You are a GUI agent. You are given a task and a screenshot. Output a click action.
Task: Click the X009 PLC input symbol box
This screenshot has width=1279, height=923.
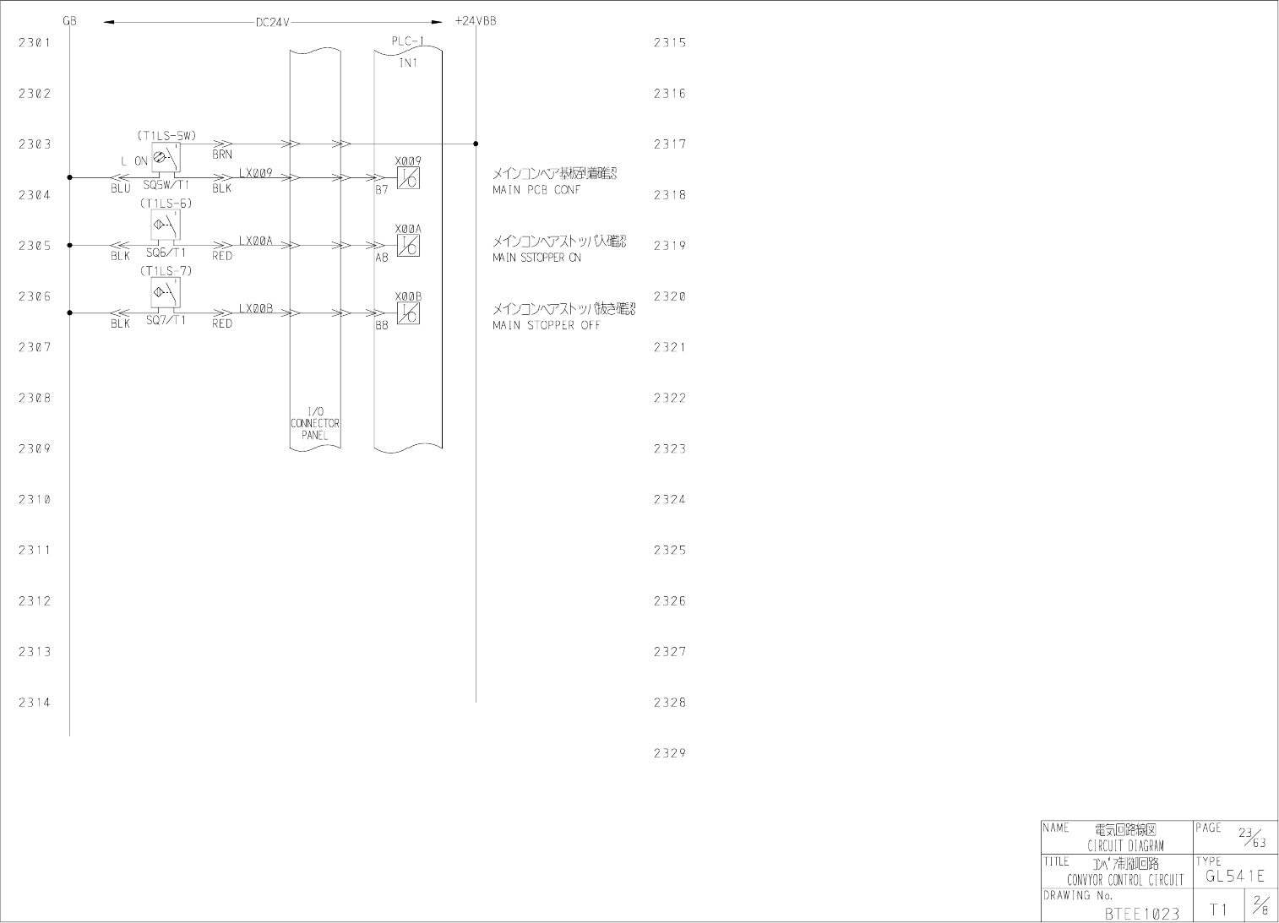(x=409, y=178)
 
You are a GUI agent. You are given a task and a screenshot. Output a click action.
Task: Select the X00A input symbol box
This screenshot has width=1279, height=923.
(x=409, y=246)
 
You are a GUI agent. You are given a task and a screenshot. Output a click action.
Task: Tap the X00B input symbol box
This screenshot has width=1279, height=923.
(x=409, y=313)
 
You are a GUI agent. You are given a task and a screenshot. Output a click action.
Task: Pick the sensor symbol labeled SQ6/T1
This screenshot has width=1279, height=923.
(x=166, y=224)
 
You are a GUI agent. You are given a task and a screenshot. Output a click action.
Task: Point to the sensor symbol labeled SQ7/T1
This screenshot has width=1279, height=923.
(x=166, y=292)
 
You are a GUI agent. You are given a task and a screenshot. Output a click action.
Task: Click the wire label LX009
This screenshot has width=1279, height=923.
(x=255, y=173)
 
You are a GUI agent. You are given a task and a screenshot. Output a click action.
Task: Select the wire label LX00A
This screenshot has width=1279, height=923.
(x=255, y=241)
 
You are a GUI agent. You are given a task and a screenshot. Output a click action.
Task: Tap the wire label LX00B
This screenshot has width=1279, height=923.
(x=255, y=308)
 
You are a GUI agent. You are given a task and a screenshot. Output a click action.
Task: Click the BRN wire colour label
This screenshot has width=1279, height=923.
(x=222, y=155)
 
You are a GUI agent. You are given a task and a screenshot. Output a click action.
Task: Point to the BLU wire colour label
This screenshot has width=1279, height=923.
(x=120, y=189)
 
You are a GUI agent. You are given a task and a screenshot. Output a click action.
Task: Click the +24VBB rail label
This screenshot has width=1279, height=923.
(x=475, y=21)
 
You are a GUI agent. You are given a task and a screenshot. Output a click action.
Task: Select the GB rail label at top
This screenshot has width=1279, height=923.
(x=69, y=21)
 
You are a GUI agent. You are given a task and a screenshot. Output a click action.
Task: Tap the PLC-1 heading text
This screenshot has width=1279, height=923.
(x=408, y=41)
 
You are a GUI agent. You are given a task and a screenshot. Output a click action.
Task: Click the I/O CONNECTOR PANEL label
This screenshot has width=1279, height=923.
(x=315, y=423)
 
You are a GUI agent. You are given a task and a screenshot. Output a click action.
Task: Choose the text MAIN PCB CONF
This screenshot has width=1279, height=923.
(x=536, y=190)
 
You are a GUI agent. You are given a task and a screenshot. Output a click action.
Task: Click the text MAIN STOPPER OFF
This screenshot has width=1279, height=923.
(x=546, y=325)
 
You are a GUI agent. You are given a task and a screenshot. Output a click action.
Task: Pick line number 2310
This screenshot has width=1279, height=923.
(x=35, y=499)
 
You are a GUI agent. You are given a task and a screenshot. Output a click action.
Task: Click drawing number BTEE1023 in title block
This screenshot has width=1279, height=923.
(x=1141, y=913)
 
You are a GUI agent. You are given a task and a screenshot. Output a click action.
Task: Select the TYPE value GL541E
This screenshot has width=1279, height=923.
(x=1235, y=877)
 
